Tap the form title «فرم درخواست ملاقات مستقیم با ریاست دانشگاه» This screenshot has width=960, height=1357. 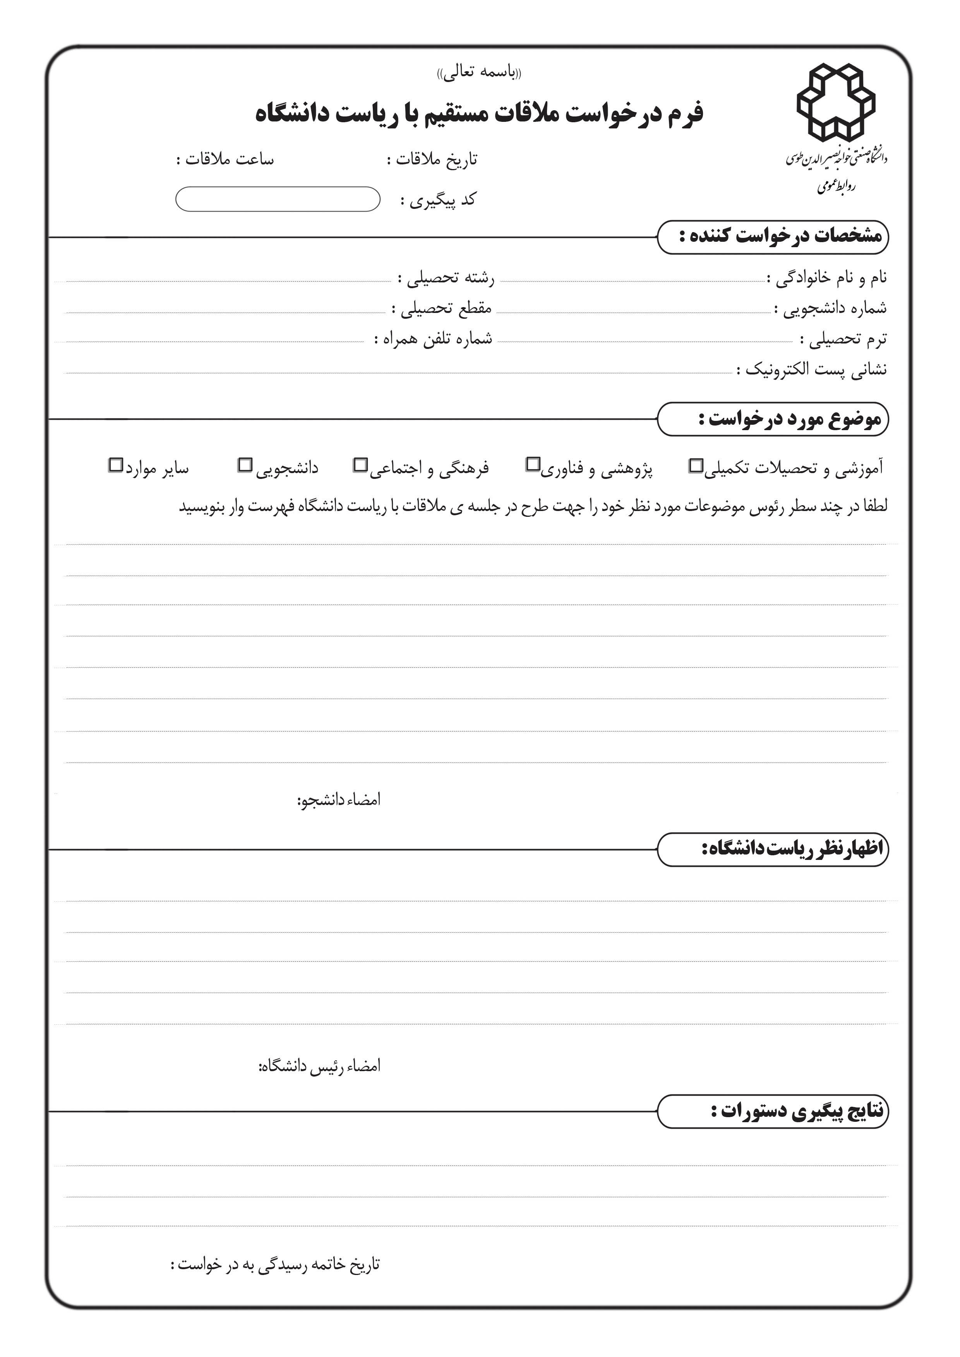pyautogui.click(x=479, y=113)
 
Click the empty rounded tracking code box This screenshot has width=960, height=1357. pyautogui.click(x=278, y=199)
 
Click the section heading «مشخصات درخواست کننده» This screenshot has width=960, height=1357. pyautogui.click(x=780, y=236)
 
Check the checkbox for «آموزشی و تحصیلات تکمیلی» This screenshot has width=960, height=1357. pyautogui.click(x=696, y=466)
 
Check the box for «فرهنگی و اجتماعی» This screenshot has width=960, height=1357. pyautogui.click(x=360, y=465)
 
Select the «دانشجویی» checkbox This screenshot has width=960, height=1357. pyautogui.click(x=245, y=465)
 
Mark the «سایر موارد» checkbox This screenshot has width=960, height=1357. pyautogui.click(x=115, y=465)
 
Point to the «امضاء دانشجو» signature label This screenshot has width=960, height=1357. pyautogui.click(x=338, y=800)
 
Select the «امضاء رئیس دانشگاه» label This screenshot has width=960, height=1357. pyautogui.click(x=319, y=1066)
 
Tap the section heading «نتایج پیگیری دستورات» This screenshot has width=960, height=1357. pyautogui.click(x=797, y=1111)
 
